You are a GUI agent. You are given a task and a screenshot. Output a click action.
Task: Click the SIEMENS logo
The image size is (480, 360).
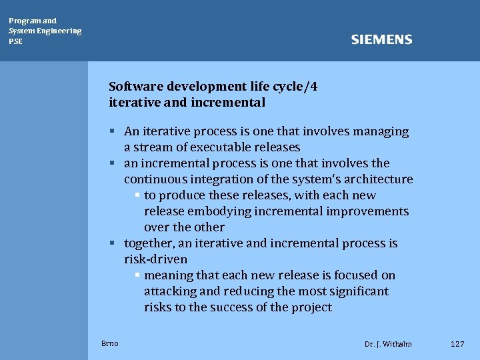(x=381, y=40)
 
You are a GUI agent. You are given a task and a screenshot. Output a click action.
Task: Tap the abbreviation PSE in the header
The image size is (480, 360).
(x=15, y=41)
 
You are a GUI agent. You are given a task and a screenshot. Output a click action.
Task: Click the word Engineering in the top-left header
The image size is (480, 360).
(x=59, y=31)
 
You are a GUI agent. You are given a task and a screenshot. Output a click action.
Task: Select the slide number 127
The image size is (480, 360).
(x=457, y=343)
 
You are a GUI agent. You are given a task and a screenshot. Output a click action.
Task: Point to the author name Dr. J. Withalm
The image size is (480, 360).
(x=388, y=344)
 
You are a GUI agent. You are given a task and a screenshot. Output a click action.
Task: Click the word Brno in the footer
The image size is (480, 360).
(x=110, y=343)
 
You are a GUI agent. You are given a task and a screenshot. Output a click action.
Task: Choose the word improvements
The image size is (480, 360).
(x=367, y=211)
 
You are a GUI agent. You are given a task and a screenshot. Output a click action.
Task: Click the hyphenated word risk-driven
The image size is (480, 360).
(x=155, y=259)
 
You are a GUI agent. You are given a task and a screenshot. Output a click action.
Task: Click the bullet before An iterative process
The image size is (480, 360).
(x=114, y=131)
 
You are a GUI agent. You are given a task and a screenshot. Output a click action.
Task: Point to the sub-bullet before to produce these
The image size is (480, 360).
(x=137, y=195)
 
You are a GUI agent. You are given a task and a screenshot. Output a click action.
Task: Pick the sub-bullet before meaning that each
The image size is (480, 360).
(x=137, y=275)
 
